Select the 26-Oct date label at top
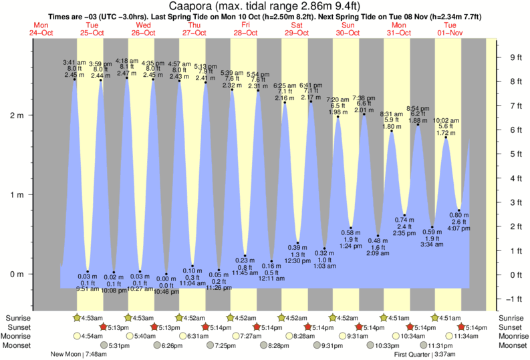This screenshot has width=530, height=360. coord(142,33)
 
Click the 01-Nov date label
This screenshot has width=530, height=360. coord(448,33)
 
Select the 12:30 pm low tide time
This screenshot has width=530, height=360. coord(299,261)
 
